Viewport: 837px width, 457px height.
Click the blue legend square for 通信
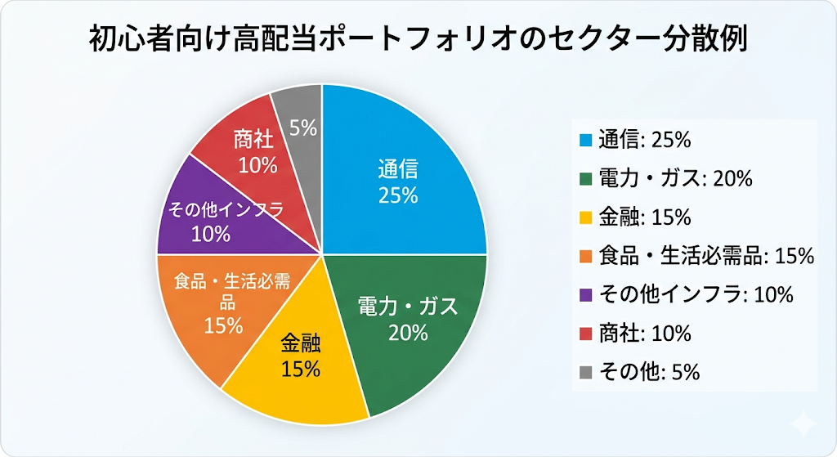(x=584, y=141)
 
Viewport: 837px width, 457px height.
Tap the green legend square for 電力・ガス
(x=584, y=179)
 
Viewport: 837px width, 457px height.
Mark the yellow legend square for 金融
(x=584, y=217)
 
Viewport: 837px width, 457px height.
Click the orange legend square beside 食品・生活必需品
(x=584, y=256)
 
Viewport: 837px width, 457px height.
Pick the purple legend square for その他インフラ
(x=584, y=295)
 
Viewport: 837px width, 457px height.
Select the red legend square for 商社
(x=584, y=334)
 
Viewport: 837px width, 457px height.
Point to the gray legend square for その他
(x=584, y=372)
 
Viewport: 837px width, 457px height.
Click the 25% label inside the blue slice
(x=398, y=196)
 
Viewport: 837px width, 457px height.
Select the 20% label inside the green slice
(x=409, y=332)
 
